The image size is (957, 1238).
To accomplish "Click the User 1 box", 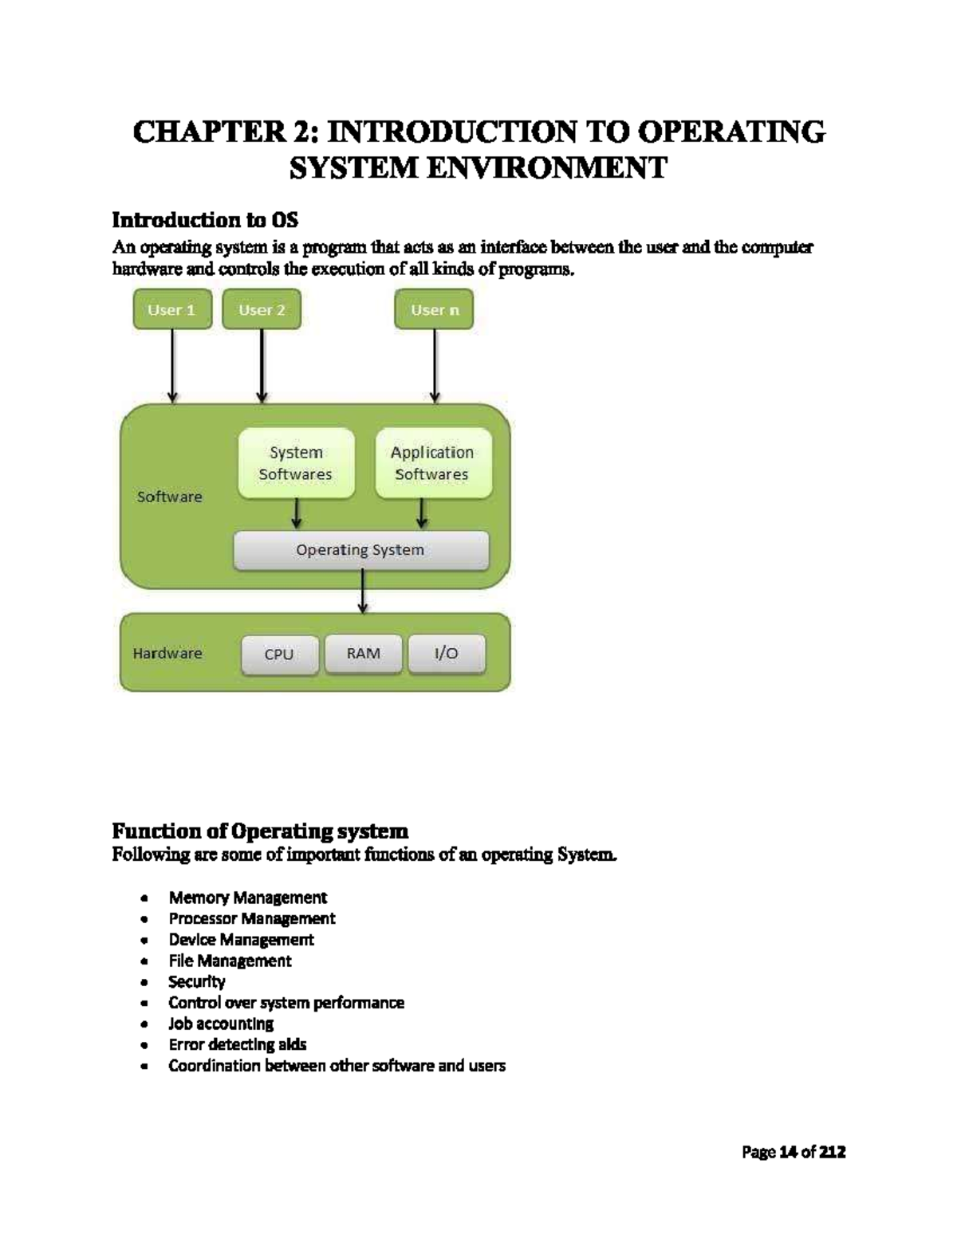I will (172, 309).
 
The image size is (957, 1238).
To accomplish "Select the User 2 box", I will (262, 309).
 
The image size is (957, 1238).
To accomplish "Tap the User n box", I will (435, 309).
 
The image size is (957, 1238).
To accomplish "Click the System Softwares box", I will (296, 463).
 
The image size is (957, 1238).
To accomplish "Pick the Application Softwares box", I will (433, 463).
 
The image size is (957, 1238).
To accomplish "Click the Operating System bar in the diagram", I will (360, 550).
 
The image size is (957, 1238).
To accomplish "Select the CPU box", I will (279, 654).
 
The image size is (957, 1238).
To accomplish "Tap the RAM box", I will (363, 654).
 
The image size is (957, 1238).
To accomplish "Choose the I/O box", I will (447, 654).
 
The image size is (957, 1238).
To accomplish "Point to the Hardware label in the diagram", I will (167, 653).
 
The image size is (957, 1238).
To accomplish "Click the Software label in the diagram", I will (170, 497).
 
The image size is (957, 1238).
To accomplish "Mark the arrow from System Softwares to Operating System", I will (297, 513).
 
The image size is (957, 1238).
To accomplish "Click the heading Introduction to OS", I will (205, 219).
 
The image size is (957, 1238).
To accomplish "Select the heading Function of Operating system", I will (260, 831).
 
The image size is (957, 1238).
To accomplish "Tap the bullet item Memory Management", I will (247, 898).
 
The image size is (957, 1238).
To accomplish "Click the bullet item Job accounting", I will (221, 1024).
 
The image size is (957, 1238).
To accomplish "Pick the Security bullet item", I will (197, 981).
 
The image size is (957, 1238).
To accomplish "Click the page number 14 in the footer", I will (788, 1152).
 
